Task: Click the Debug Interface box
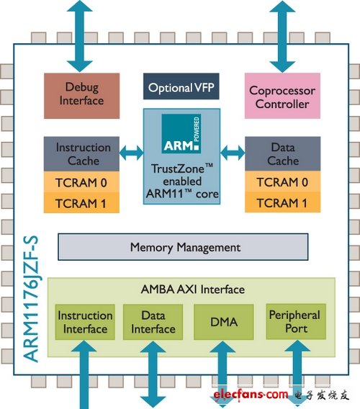click(81, 96)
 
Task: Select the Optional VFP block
click(181, 86)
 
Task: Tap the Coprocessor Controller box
click(282, 96)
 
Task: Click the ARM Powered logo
click(181, 133)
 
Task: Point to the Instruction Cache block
click(81, 154)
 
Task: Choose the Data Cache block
click(283, 153)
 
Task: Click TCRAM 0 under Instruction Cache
click(81, 182)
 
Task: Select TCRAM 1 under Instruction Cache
click(81, 203)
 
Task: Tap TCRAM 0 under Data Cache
click(283, 181)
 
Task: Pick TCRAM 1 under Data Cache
click(283, 202)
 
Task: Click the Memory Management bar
click(183, 247)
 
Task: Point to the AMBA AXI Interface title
click(193, 289)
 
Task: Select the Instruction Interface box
click(85, 322)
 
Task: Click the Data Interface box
click(153, 322)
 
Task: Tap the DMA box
click(224, 322)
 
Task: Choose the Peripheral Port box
click(296, 322)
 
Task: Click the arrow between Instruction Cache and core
click(132, 153)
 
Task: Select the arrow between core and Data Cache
click(233, 153)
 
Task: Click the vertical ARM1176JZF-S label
click(31, 299)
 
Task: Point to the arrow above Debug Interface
click(80, 36)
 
